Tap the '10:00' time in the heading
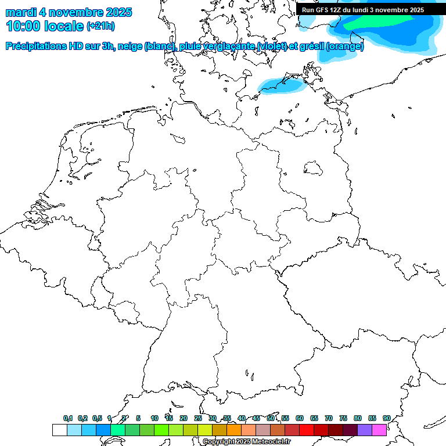(23, 26)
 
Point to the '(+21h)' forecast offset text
(100, 26)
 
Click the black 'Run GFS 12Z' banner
(362, 10)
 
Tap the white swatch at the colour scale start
(59, 430)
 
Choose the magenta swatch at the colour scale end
(379, 430)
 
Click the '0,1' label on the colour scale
(68, 418)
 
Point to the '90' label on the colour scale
(386, 418)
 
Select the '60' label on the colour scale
(300, 418)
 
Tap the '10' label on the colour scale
(154, 418)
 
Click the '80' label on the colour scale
(357, 418)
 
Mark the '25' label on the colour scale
(198, 418)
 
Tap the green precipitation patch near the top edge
(377, 21)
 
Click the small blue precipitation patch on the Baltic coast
(281, 86)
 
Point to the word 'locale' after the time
(64, 26)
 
